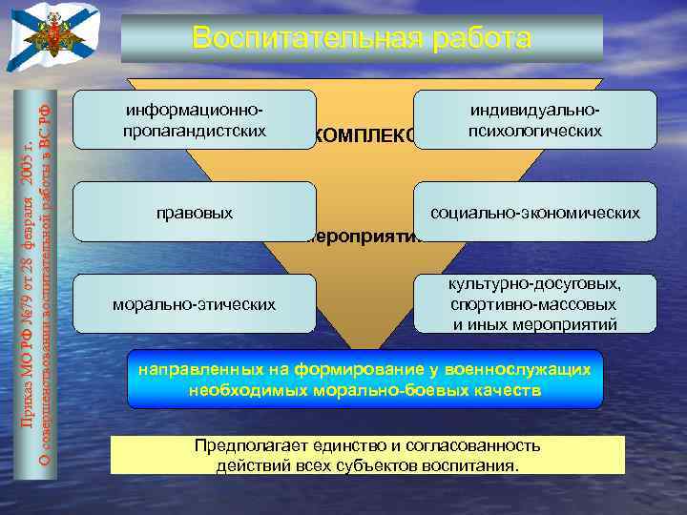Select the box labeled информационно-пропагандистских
pyautogui.click(x=194, y=119)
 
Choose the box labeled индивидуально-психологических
pyautogui.click(x=534, y=119)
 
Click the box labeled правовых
pyautogui.click(x=194, y=212)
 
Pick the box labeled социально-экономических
pyautogui.click(x=534, y=212)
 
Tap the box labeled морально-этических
pyautogui.click(x=194, y=304)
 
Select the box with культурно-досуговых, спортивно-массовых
pyautogui.click(x=534, y=304)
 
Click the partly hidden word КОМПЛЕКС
pyautogui.click(x=363, y=136)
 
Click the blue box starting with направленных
pyautogui.click(x=365, y=380)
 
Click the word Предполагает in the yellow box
pyautogui.click(x=246, y=445)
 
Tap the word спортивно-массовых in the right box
pyautogui.click(x=532, y=305)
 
